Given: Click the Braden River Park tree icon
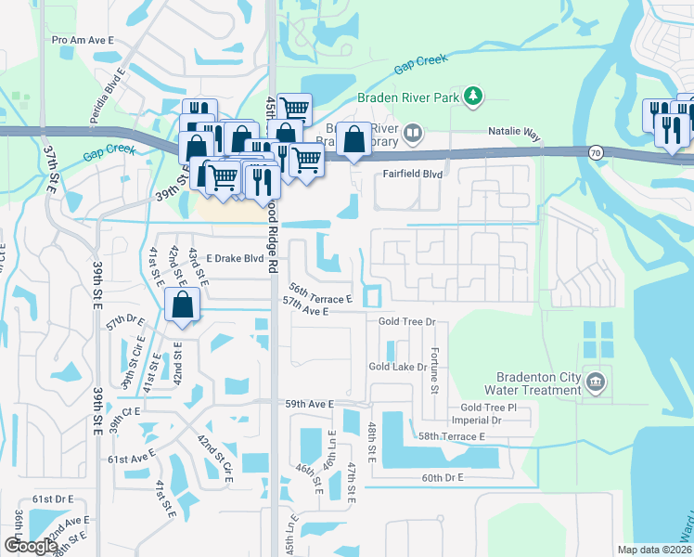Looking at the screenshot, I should tap(473, 96).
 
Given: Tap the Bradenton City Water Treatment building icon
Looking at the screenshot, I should tap(595, 380).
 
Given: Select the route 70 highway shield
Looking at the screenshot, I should tap(594, 152).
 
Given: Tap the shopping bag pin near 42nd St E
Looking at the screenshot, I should tap(183, 304).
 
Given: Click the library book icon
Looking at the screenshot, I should tap(412, 135).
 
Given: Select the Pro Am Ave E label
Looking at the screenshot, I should tap(83, 41).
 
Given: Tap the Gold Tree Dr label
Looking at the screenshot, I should tap(406, 321).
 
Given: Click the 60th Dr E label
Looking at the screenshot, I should tap(442, 477).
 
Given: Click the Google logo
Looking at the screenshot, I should tap(30, 546).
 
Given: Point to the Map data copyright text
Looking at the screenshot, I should tap(654, 550).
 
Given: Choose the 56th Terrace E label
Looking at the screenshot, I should tap(319, 294).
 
